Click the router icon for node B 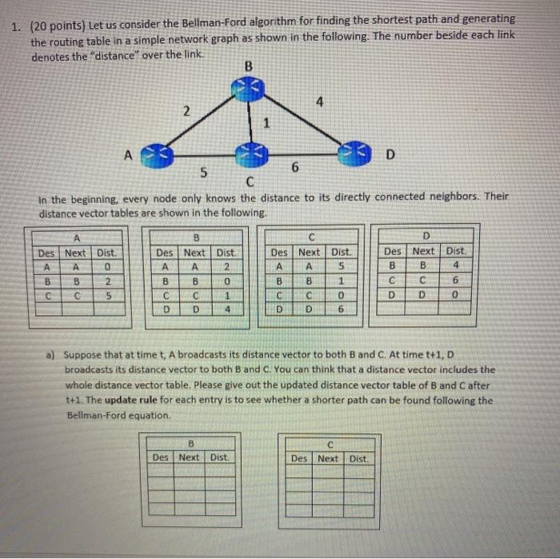point(248,86)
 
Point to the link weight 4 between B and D point(319,102)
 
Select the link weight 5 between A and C point(204,171)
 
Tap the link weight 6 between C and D point(295,167)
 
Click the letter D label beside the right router point(390,153)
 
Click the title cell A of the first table point(78,238)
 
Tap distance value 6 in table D point(455,281)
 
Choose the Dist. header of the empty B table point(219,457)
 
